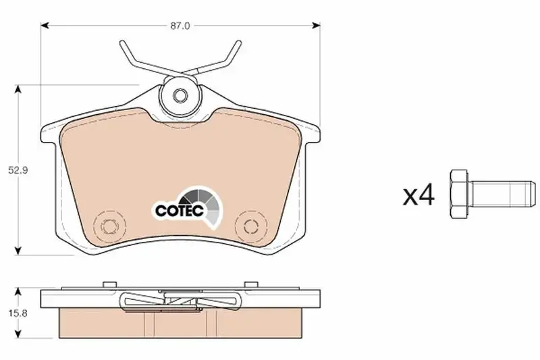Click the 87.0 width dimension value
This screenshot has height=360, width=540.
180,26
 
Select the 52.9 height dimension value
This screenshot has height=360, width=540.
18,170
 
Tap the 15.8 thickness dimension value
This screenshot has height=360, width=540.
19,313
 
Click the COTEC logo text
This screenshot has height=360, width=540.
180,211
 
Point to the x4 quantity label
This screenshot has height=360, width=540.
418,195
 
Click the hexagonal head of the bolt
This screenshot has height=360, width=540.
459,194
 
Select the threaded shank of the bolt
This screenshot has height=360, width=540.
502,194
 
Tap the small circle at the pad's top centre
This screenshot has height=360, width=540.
180,95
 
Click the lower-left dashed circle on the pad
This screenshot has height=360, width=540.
110,226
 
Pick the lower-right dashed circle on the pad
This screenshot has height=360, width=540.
251,226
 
